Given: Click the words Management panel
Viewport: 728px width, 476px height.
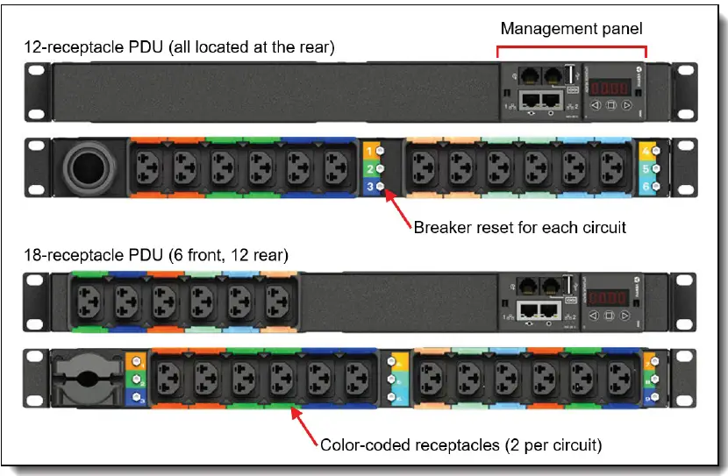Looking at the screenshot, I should pyautogui.click(x=571, y=28).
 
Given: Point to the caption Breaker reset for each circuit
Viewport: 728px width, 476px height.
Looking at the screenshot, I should pyautogui.click(x=520, y=228).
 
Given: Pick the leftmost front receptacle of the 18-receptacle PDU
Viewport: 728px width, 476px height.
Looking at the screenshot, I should pyautogui.click(x=86, y=301).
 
